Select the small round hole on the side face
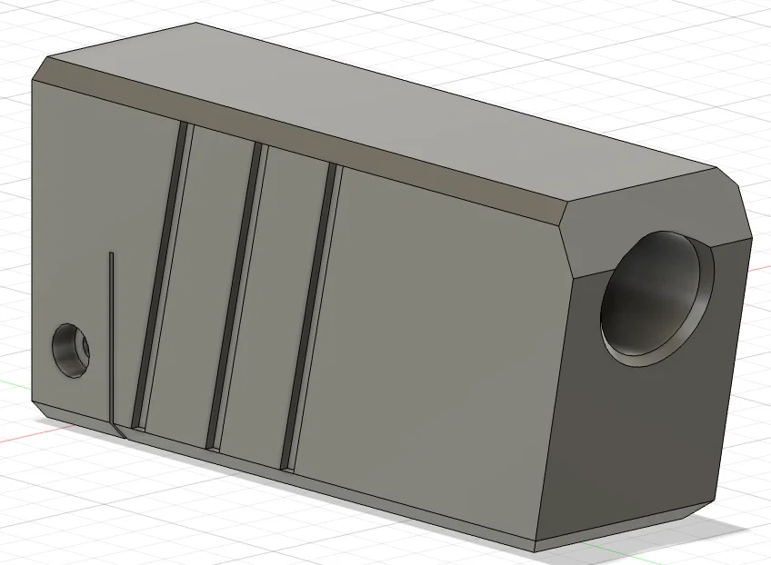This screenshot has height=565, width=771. (x=70, y=349)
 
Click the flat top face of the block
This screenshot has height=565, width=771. (x=382, y=100)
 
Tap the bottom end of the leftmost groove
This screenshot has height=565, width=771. (x=137, y=423)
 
